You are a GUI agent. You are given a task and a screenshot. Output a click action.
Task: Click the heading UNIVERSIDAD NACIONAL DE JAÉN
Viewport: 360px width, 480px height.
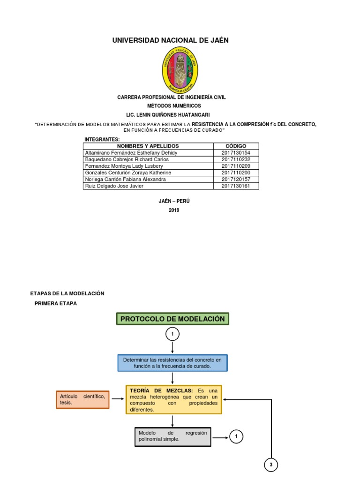(170, 40)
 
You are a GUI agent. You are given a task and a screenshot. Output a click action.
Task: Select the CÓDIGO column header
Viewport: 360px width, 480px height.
(236, 146)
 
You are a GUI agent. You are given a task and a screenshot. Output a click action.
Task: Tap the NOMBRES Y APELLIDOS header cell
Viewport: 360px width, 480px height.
(148, 146)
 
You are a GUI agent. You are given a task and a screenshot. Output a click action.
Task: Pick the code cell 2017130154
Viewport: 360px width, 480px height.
(236, 153)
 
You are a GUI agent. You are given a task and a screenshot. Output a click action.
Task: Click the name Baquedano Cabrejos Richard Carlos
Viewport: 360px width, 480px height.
(127, 159)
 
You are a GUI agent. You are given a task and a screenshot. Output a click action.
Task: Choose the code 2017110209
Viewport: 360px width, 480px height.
(236, 166)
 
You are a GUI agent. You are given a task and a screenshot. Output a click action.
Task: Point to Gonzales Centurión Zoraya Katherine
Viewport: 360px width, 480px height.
(127, 172)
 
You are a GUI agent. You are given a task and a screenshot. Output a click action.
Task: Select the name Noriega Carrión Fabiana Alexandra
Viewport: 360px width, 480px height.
(125, 179)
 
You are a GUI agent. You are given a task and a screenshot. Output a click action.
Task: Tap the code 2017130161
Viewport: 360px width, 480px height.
(236, 186)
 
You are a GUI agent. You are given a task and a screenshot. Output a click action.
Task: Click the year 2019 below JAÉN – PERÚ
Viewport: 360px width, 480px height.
(174, 210)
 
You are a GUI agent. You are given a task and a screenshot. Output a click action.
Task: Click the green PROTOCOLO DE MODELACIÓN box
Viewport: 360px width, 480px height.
(172, 319)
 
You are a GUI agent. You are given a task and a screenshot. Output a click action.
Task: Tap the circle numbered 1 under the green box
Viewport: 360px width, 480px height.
(172, 334)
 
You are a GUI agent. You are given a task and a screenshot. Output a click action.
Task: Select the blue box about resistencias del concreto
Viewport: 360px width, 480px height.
(172, 363)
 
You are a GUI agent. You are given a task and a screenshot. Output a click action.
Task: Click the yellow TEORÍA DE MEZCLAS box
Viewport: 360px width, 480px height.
(173, 399)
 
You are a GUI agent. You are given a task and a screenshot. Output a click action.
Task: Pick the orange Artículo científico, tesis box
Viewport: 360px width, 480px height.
(82, 399)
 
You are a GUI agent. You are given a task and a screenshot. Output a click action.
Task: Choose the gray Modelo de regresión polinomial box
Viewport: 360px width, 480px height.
(172, 437)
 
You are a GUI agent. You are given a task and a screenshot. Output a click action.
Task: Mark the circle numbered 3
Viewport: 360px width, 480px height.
(271, 465)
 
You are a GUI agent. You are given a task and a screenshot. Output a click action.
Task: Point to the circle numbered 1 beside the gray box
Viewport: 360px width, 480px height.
(237, 437)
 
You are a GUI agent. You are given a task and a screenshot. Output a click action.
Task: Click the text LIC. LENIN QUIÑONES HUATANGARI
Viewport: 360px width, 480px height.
(168, 115)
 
